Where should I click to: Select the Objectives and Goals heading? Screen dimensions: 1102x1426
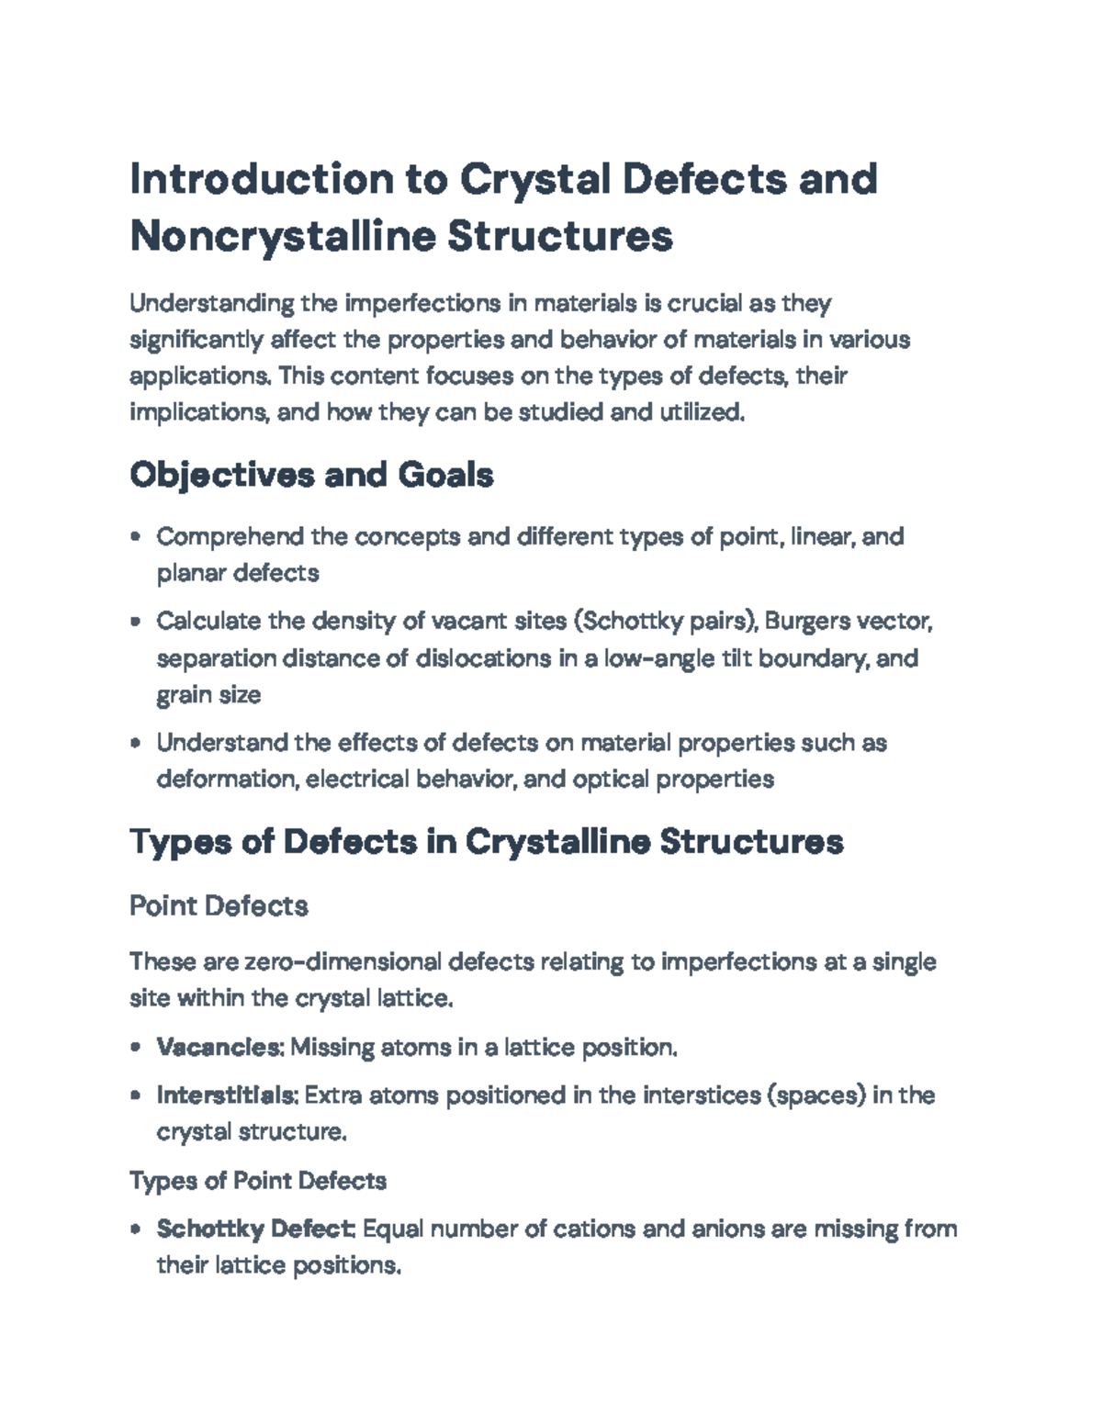coord(311,475)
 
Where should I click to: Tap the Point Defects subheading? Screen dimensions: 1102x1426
coord(219,906)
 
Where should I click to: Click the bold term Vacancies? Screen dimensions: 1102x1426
coord(218,1047)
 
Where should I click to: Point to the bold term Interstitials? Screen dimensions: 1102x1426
coord(226,1095)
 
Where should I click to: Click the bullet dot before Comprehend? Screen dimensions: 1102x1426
coord(136,536)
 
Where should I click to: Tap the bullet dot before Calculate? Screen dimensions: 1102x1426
coord(136,622)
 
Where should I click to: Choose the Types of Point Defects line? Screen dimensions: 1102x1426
coord(258,1180)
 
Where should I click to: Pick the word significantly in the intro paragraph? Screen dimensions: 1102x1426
coord(196,340)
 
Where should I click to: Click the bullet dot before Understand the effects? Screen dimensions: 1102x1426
coord(136,743)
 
